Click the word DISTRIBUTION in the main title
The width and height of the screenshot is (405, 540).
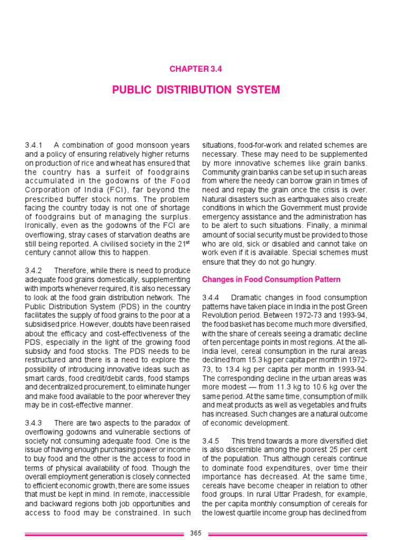point(196,90)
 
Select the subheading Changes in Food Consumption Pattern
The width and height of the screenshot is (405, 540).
point(272,279)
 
